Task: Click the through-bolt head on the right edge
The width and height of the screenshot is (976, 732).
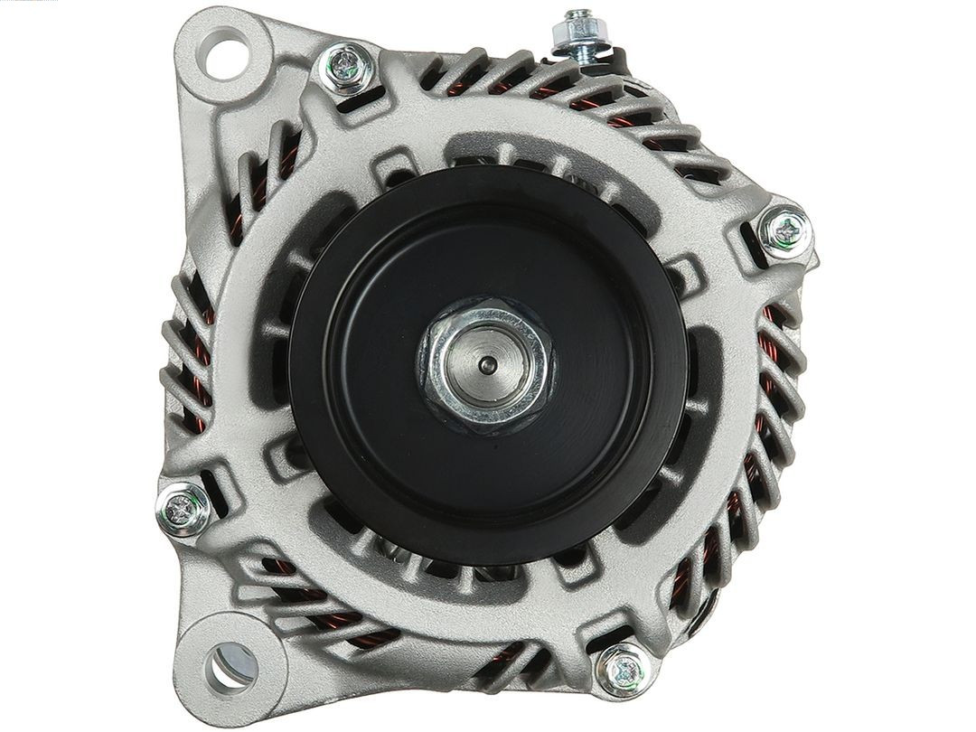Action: [x=782, y=230]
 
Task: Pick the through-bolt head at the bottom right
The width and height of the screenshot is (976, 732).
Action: [x=622, y=670]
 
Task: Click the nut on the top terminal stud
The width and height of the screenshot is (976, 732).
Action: [x=576, y=34]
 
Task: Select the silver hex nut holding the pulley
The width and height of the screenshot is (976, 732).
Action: [x=487, y=361]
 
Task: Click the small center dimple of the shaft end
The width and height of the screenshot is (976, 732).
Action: [x=487, y=363]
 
